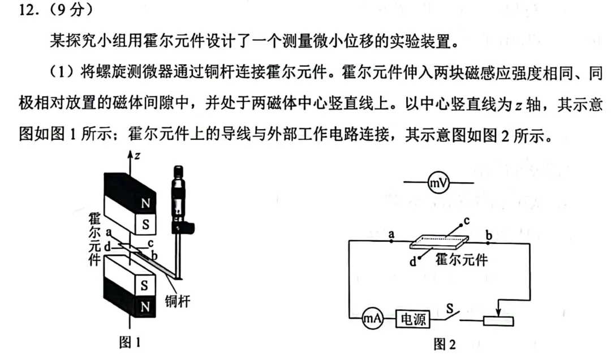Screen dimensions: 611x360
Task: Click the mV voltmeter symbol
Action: (x=438, y=182)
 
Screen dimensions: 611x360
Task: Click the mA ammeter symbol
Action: (x=372, y=319)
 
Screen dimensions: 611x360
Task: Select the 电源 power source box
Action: (x=413, y=319)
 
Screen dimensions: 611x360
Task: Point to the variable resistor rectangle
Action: (x=498, y=321)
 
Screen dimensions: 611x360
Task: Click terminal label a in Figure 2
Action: (x=391, y=234)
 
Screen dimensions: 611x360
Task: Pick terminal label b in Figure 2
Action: (x=489, y=235)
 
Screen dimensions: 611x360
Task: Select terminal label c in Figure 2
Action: (x=466, y=220)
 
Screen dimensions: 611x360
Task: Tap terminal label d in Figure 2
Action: (x=413, y=262)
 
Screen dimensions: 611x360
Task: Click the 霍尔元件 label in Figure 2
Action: (x=462, y=260)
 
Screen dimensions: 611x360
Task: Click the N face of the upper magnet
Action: (x=145, y=203)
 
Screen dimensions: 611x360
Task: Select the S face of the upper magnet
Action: (x=145, y=224)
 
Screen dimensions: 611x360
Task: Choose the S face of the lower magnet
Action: (x=145, y=285)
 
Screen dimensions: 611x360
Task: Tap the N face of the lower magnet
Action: (x=145, y=307)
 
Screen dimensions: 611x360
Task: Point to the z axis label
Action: (x=137, y=156)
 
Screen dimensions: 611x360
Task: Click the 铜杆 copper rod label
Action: (x=177, y=301)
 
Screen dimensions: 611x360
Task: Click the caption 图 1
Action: (x=130, y=342)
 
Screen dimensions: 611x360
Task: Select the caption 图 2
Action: (x=445, y=344)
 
